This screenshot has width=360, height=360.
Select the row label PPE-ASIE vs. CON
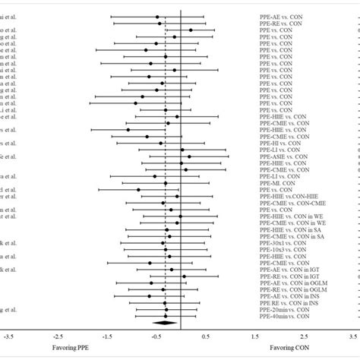pos(283,156)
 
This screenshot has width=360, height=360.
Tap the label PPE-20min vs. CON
pos(283,309)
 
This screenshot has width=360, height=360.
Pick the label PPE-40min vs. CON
pos(283,316)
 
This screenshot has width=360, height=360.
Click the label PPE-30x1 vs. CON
pos(283,242)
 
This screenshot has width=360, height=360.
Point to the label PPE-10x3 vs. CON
pos(283,249)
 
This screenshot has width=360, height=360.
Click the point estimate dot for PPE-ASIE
pos(189,156)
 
